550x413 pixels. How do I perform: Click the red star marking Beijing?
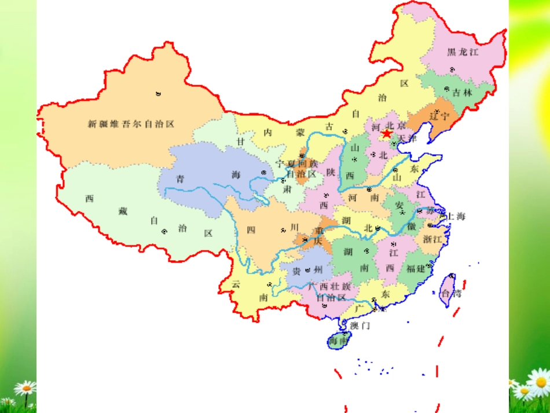[387, 134]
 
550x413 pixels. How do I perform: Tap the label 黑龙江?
[463, 52]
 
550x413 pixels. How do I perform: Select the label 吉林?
[462, 92]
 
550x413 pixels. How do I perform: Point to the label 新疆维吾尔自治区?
[131, 124]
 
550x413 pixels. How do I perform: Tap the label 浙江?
[432, 239]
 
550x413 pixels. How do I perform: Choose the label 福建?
[416, 268]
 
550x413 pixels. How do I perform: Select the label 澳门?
[360, 326]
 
